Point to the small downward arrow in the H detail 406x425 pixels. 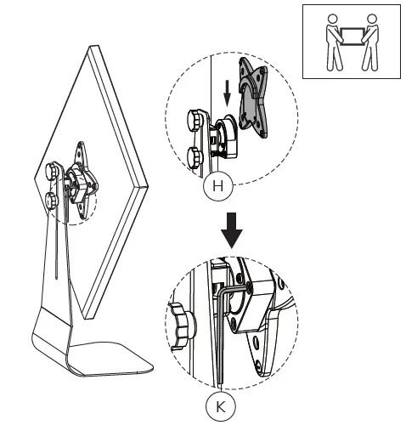coord(225,92)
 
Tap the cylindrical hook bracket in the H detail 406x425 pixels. coord(223,136)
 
